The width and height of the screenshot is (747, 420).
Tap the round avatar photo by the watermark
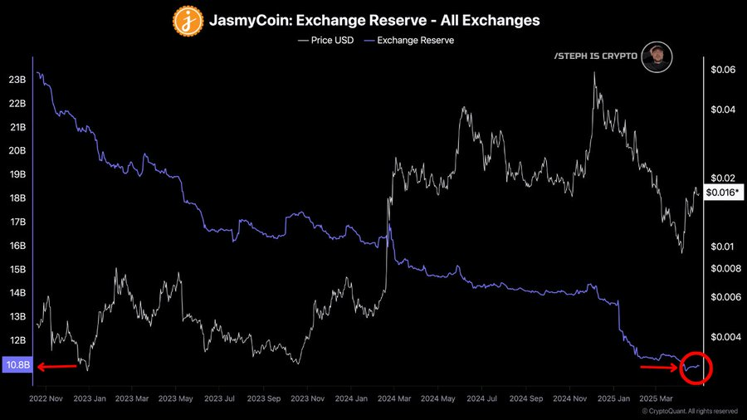657,56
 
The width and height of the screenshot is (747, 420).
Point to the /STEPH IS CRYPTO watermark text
595,56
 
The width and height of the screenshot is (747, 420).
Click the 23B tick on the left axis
17,81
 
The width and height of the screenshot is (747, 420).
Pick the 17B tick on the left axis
17,222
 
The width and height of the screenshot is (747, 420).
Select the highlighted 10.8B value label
17,365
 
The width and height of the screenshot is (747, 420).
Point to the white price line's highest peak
594,73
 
